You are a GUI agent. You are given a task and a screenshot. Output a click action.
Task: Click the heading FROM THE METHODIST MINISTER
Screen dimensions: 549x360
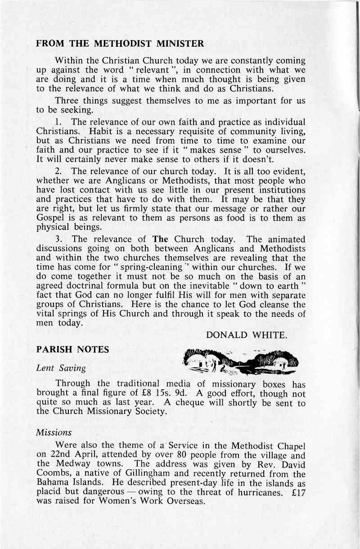[x=120, y=44]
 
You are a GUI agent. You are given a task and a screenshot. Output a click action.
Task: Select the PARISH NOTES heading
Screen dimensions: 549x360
[x=72, y=349]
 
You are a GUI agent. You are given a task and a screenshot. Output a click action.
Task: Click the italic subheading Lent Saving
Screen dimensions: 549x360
[x=61, y=368]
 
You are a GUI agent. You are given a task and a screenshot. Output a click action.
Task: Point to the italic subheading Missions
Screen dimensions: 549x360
[x=54, y=432]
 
